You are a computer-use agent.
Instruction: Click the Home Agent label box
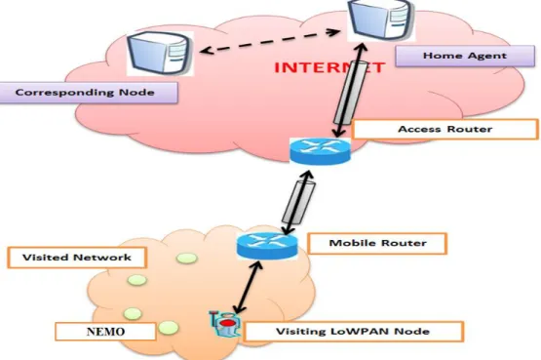click(x=465, y=56)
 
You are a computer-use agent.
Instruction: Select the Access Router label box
click(x=445, y=129)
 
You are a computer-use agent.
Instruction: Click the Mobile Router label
click(x=377, y=243)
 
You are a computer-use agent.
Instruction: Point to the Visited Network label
click(x=77, y=258)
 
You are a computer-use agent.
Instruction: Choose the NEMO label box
click(x=105, y=332)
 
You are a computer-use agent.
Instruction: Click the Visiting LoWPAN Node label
click(x=353, y=332)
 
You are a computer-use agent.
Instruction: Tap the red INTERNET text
click(x=329, y=67)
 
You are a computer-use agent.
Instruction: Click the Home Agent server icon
click(x=381, y=20)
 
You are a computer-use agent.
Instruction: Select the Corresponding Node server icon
click(x=160, y=54)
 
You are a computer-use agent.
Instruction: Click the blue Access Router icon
click(x=320, y=151)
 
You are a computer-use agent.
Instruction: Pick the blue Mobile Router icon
click(x=267, y=246)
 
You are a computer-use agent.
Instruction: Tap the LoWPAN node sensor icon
click(x=225, y=324)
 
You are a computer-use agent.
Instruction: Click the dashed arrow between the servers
click(x=270, y=41)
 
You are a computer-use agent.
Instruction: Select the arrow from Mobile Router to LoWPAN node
click(x=248, y=288)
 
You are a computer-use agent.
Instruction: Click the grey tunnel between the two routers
click(x=298, y=202)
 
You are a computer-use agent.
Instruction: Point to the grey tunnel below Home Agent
click(x=350, y=94)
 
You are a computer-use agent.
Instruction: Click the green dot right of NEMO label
click(x=168, y=328)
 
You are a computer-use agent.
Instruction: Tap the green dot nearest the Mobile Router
click(x=186, y=259)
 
